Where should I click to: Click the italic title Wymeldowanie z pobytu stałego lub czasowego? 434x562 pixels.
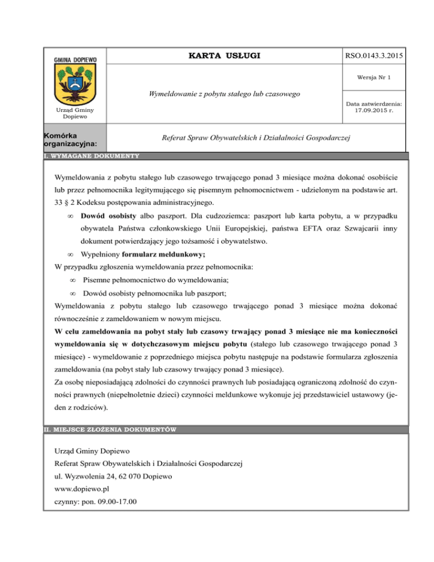224,93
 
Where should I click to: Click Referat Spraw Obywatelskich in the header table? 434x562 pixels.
256,138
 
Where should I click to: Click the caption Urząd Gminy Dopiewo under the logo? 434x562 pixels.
75,114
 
